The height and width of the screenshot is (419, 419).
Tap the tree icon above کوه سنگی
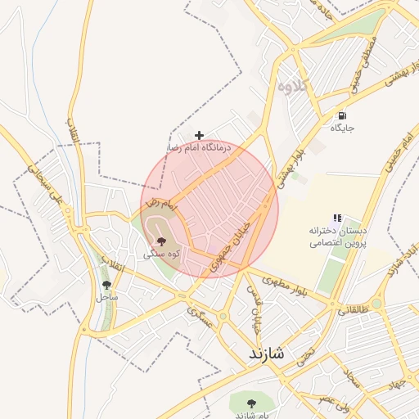coord(160,241)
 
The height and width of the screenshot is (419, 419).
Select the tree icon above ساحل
coord(106,285)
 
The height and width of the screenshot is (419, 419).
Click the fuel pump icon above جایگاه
coord(341,115)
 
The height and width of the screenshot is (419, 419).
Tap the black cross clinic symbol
coord(199,135)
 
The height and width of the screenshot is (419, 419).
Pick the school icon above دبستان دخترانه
coord(336,218)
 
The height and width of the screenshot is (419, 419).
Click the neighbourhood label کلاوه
coord(292,85)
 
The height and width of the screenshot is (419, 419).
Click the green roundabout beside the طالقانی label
coord(376,304)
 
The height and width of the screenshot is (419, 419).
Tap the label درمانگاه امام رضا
coord(200,148)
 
